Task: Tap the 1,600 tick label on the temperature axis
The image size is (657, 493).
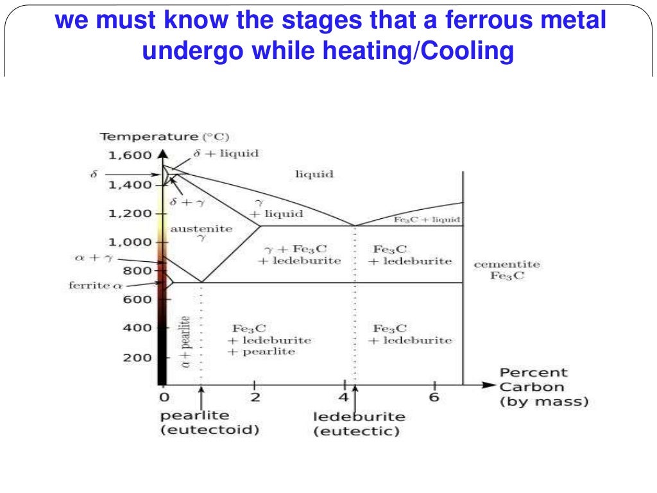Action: point(130,155)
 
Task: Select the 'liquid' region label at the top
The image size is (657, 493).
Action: point(314,174)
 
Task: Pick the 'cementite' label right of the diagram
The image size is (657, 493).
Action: point(507,264)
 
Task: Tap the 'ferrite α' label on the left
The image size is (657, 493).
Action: point(95,285)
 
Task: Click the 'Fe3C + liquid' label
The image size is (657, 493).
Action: point(427,220)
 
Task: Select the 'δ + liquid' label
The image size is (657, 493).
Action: point(226,153)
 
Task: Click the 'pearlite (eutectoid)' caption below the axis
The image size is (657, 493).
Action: point(210,422)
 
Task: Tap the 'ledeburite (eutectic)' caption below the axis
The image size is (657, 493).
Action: point(359,424)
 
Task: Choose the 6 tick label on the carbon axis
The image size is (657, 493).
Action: point(434,397)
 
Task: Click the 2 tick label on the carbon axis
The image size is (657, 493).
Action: point(255,397)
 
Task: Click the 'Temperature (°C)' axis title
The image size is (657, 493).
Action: point(165,137)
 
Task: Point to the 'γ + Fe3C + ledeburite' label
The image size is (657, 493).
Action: point(299,255)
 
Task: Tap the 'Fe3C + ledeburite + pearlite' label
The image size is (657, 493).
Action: point(269,340)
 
